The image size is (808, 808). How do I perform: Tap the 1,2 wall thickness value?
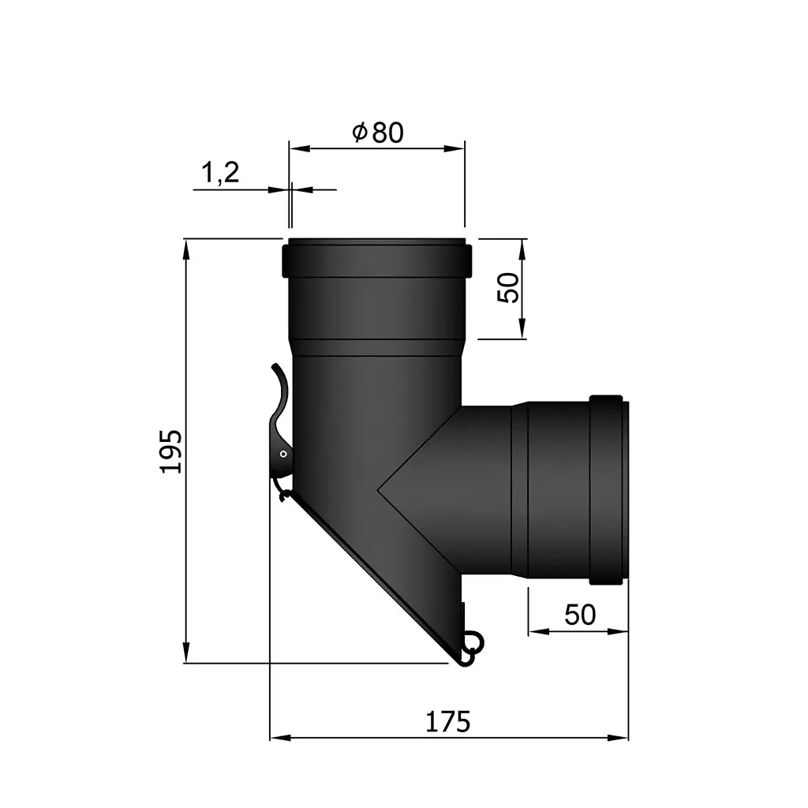click(x=221, y=173)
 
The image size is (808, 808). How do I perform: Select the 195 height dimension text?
click(x=171, y=451)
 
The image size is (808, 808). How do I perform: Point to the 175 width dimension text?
click(x=448, y=721)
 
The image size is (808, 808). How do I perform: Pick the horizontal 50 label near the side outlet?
click(x=580, y=615)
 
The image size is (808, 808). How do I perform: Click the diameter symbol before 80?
click(x=359, y=133)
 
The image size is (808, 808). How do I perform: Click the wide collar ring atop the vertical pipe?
click(x=377, y=260)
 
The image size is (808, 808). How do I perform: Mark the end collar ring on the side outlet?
click(x=609, y=489)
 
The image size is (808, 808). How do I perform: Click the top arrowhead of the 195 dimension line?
click(x=186, y=246)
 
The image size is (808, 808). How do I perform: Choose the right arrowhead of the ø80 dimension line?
click(x=457, y=148)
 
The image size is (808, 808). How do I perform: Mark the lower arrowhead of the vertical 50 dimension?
click(x=522, y=331)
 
